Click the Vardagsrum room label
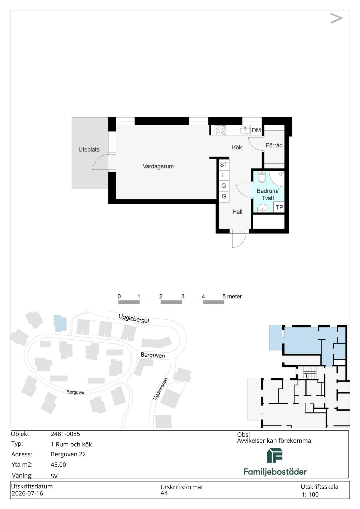click(x=158, y=166)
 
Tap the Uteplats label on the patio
click(x=89, y=150)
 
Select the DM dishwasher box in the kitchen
click(x=256, y=130)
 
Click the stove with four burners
click(x=220, y=130)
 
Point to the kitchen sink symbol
click(x=245, y=130)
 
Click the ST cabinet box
click(x=224, y=165)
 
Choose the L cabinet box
click(x=224, y=175)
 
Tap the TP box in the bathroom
click(x=279, y=207)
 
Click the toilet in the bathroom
click(x=262, y=177)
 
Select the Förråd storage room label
click(x=274, y=146)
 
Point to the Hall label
click(x=237, y=212)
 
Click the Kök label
click(x=237, y=147)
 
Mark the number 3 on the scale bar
click(x=183, y=296)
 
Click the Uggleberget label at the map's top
click(x=134, y=319)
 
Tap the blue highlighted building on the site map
click(x=60, y=323)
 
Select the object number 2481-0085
click(x=65, y=434)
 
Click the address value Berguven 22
click(x=68, y=454)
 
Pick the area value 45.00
click(x=58, y=464)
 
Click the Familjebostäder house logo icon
click(x=275, y=455)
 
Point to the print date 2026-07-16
click(x=27, y=493)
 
